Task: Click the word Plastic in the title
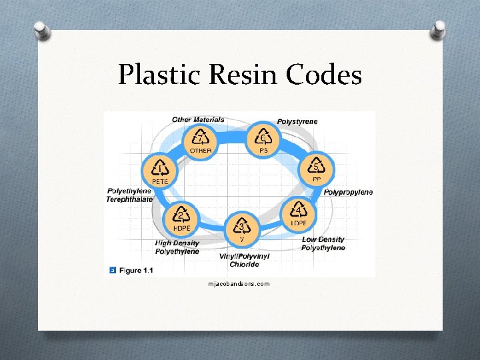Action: point(158,75)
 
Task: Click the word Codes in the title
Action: point(324,75)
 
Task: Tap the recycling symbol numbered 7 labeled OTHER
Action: point(201,139)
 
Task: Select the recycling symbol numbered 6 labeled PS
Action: point(264,139)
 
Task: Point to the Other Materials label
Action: point(198,120)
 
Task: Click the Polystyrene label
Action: point(297,121)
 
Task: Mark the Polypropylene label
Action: point(348,193)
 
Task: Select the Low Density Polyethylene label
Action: point(323,244)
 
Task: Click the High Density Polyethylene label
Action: point(177,247)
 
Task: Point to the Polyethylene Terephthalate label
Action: point(130,195)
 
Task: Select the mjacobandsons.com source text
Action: point(239,284)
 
